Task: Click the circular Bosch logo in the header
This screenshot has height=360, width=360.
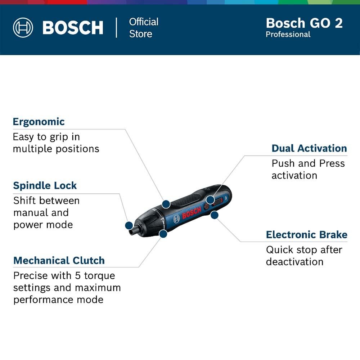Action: [x=23, y=28]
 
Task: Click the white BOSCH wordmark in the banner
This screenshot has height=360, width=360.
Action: [x=73, y=28]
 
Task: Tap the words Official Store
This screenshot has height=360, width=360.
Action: [x=144, y=28]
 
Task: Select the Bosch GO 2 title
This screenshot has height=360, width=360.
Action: [x=304, y=23]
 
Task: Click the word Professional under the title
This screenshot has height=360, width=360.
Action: [x=288, y=35]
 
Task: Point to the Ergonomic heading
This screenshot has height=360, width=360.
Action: [x=39, y=122]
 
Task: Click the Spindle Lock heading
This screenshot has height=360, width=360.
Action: [x=45, y=185]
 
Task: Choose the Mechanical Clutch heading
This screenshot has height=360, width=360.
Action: [x=59, y=261]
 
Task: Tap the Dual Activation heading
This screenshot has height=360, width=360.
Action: [x=309, y=148]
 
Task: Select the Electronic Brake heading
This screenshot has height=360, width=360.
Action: [x=307, y=235]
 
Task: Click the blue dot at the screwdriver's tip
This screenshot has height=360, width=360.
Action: [x=129, y=225]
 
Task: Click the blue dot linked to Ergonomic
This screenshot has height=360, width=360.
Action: [x=166, y=204]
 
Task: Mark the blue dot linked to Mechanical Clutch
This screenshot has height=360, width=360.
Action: [x=163, y=234]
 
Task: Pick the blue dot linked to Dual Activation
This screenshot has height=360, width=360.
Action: [x=210, y=200]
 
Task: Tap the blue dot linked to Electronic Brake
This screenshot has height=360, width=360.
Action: [x=215, y=215]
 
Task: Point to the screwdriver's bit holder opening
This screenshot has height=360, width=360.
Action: [x=131, y=232]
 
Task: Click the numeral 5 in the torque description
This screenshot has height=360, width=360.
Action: [x=78, y=276]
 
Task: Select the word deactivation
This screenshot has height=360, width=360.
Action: [x=295, y=262]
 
